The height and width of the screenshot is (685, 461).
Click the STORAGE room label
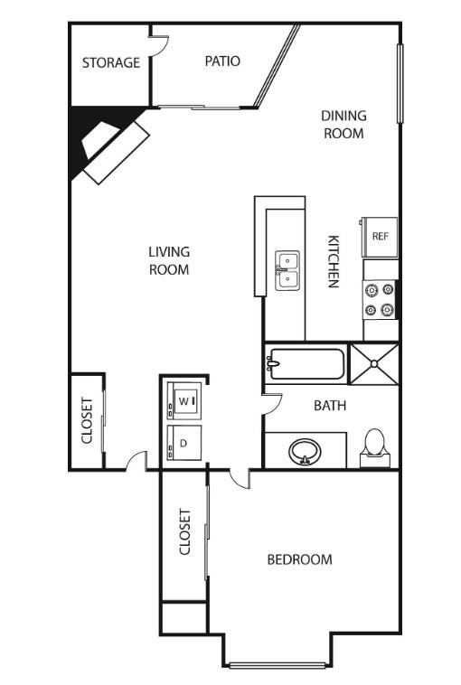click(x=111, y=62)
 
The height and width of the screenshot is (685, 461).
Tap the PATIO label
click(x=222, y=61)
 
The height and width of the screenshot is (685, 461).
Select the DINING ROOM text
click(x=343, y=125)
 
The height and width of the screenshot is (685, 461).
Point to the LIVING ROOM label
click(x=169, y=260)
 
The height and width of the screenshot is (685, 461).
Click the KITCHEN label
click(x=334, y=262)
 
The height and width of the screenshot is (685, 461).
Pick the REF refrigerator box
click(x=380, y=237)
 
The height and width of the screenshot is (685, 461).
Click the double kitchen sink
click(x=287, y=270)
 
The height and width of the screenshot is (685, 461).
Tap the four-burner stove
click(x=379, y=300)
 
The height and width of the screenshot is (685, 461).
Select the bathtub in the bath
click(x=306, y=363)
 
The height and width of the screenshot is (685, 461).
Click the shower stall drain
click(x=374, y=363)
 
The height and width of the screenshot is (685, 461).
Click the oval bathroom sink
click(x=305, y=452)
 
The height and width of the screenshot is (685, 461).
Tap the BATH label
click(x=330, y=406)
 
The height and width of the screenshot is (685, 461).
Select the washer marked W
click(x=184, y=401)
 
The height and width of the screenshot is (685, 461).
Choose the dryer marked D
click(x=184, y=443)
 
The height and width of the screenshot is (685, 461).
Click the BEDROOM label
click(x=300, y=559)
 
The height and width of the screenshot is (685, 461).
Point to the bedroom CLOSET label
click(x=184, y=531)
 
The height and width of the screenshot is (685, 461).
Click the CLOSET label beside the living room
click(x=87, y=420)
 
